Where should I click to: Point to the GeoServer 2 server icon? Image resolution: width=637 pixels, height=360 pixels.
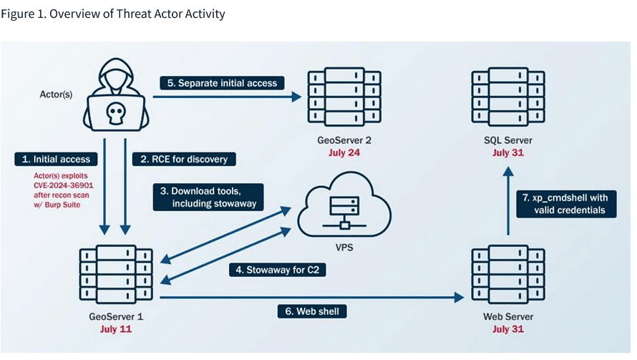(344, 97)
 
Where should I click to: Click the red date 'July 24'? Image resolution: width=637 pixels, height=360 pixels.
(344, 152)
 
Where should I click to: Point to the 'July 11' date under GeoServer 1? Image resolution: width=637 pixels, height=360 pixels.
(115, 330)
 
